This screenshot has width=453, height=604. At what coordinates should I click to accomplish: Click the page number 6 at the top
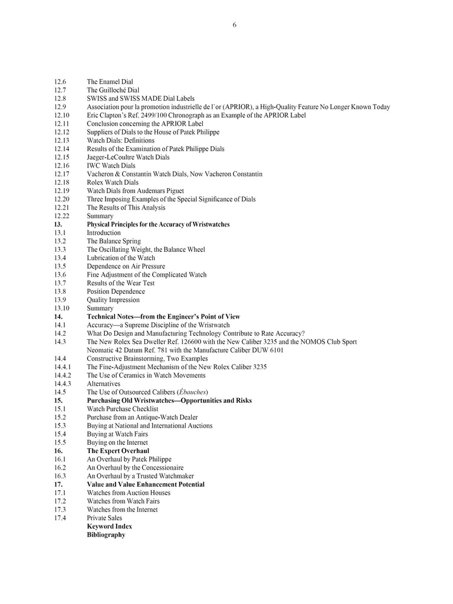(x=234, y=25)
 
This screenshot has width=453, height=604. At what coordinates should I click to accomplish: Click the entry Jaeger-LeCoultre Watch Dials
(x=128, y=157)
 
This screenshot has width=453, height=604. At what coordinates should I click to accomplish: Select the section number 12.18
(x=62, y=182)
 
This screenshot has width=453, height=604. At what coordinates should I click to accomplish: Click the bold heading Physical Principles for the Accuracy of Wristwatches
(x=158, y=224)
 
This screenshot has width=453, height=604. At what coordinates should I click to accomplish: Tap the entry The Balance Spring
(x=114, y=241)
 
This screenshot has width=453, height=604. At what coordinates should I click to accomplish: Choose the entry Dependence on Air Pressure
(x=126, y=266)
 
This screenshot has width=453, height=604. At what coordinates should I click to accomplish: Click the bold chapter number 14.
(x=58, y=317)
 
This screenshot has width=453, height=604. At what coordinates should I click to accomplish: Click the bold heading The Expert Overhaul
(x=118, y=451)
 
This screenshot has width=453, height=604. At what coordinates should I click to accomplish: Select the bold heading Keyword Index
(x=110, y=526)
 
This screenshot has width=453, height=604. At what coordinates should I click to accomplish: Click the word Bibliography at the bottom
(x=106, y=534)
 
